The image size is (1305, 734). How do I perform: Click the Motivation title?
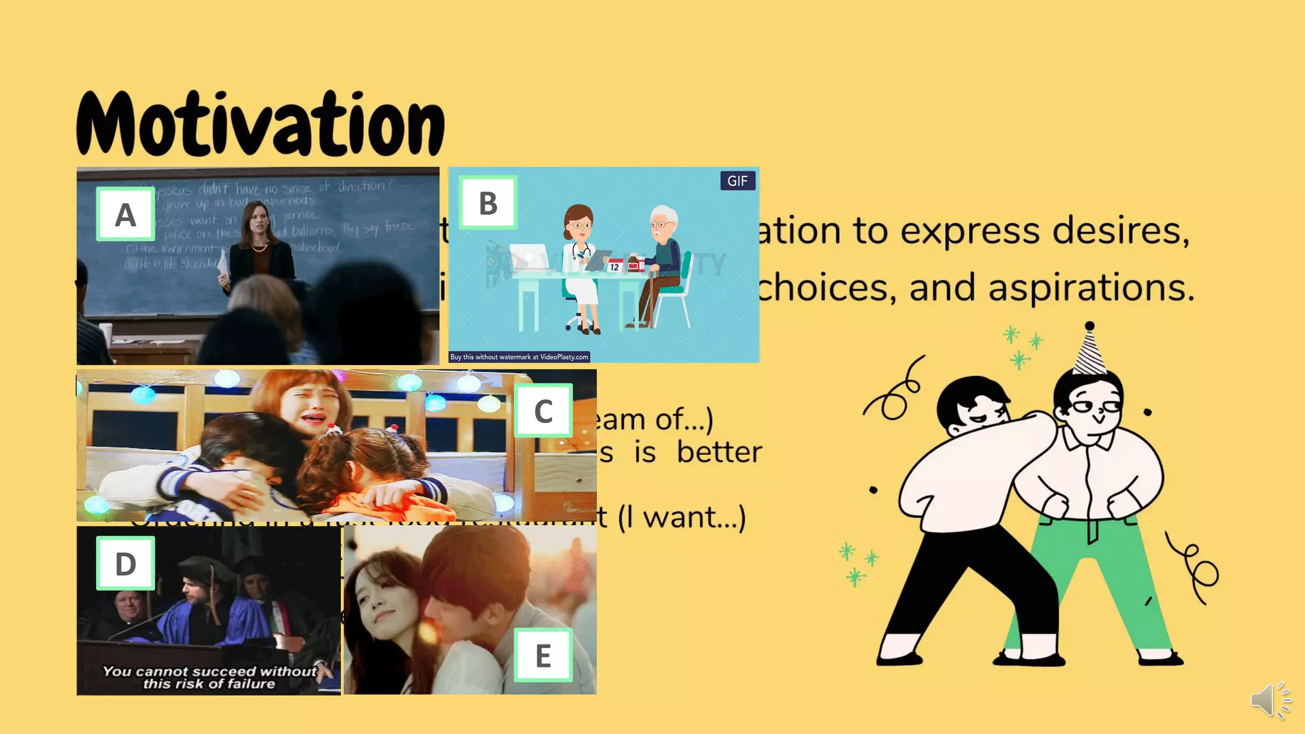pyautogui.click(x=260, y=124)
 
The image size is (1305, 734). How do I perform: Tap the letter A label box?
pyautogui.click(x=126, y=214)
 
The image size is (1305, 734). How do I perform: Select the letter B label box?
pyautogui.click(x=488, y=203)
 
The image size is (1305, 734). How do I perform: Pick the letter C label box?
pyautogui.click(x=543, y=411)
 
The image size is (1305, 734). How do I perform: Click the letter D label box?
pyautogui.click(x=126, y=563)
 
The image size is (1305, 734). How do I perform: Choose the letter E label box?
pyautogui.click(x=543, y=656)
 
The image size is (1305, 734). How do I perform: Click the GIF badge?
pyautogui.click(x=737, y=181)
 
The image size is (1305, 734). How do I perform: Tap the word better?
pyautogui.click(x=719, y=452)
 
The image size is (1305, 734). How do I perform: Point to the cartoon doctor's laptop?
pyautogui.click(x=528, y=257)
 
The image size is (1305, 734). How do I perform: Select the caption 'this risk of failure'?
pyautogui.click(x=209, y=684)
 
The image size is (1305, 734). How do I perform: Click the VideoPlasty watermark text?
pyautogui.click(x=519, y=357)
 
